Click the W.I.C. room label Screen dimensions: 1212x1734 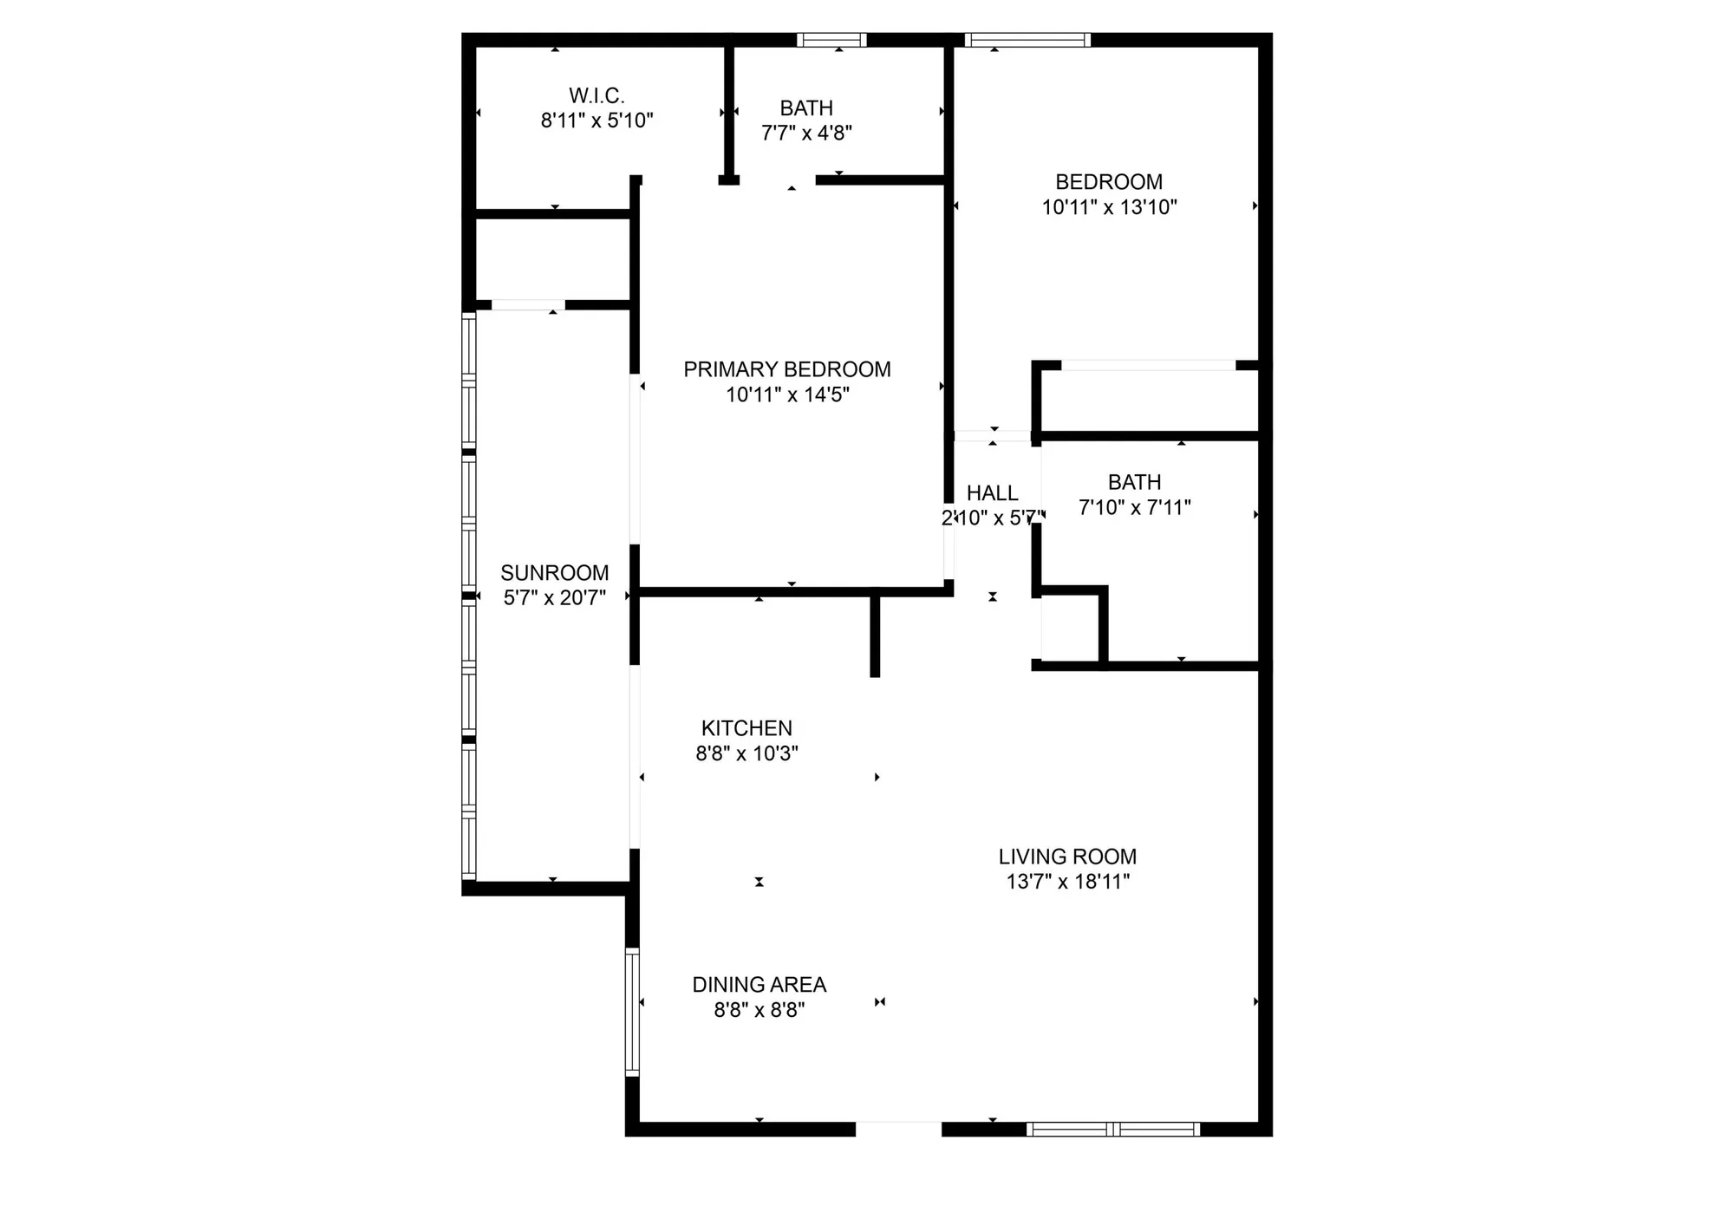[596, 95]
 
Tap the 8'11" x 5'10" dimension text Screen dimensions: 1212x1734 [596, 121]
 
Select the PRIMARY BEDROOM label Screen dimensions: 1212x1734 [786, 369]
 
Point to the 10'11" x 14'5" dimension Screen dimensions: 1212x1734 [786, 394]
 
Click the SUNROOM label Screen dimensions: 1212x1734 [554, 572]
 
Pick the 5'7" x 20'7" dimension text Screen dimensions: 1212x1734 [554, 597]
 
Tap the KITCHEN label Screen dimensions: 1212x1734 [746, 728]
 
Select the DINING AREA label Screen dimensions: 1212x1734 [759, 985]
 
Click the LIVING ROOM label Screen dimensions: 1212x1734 [1066, 857]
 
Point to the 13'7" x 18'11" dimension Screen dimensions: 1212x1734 [1066, 882]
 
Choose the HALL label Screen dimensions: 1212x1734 [992, 493]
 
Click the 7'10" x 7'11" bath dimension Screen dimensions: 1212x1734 [1134, 507]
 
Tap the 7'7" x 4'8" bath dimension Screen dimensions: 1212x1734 [806, 133]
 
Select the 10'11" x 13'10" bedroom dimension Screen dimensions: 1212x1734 [1109, 207]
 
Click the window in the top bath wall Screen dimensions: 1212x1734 [831, 40]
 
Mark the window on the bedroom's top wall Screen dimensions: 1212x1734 [1027, 40]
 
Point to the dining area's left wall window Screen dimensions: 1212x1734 [632, 1012]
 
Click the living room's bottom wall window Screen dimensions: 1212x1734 [1113, 1129]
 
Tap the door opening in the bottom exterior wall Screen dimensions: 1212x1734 [898, 1129]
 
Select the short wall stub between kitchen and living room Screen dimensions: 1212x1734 [875, 634]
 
